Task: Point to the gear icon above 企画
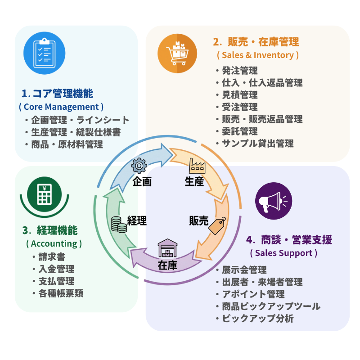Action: click(139, 166)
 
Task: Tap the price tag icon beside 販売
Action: click(217, 225)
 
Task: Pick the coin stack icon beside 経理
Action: click(119, 224)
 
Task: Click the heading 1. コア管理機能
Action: click(58, 94)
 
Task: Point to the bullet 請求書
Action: click(51, 257)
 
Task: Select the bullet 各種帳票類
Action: click(60, 293)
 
